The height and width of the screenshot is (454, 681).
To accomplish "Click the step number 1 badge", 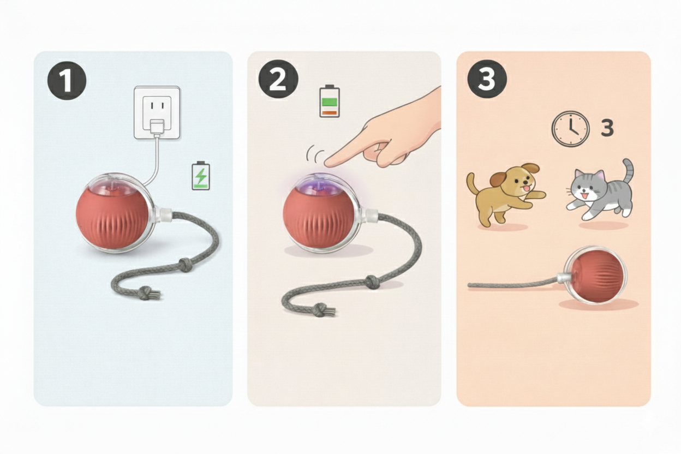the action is pyautogui.click(x=67, y=81).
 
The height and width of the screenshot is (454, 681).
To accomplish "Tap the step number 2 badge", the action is pyautogui.click(x=278, y=79).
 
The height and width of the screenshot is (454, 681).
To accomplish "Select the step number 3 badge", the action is pyautogui.click(x=487, y=79).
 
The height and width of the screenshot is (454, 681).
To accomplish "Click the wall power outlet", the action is pyautogui.click(x=157, y=113).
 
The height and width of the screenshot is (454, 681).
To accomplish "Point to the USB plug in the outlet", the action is pyautogui.click(x=157, y=128).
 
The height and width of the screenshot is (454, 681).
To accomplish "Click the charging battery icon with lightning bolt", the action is pyautogui.click(x=201, y=176).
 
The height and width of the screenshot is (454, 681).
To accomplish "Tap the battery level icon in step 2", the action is pyautogui.click(x=330, y=101).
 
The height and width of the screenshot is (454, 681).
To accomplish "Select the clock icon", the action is pyautogui.click(x=570, y=129).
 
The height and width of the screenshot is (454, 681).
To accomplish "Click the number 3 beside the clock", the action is pyautogui.click(x=607, y=128).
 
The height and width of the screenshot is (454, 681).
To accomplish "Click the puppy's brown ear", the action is pyautogui.click(x=499, y=180).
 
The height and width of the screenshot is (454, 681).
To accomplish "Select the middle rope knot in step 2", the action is pyautogui.click(x=371, y=282).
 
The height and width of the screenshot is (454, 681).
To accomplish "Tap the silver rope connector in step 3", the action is pyautogui.click(x=563, y=278).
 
